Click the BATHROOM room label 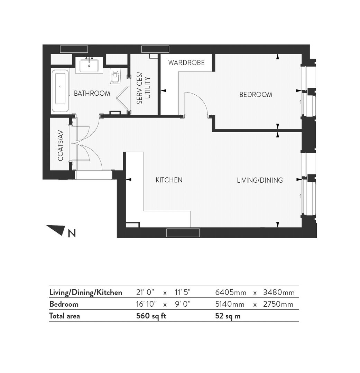[x=92, y=93]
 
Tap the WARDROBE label [x=186, y=63]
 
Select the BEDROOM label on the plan [x=256, y=95]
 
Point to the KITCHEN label [x=169, y=180]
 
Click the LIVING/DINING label [x=260, y=180]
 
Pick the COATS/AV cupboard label [x=61, y=145]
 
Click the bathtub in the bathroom [x=61, y=90]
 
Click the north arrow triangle [x=57, y=230]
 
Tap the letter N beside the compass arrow [x=72, y=233]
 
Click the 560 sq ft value [x=151, y=316]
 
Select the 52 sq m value [x=228, y=316]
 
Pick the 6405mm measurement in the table [x=231, y=293]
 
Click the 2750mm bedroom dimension [x=278, y=304]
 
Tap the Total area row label [x=64, y=316]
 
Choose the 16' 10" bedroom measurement [x=147, y=304]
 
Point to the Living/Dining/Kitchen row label [x=85, y=293]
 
